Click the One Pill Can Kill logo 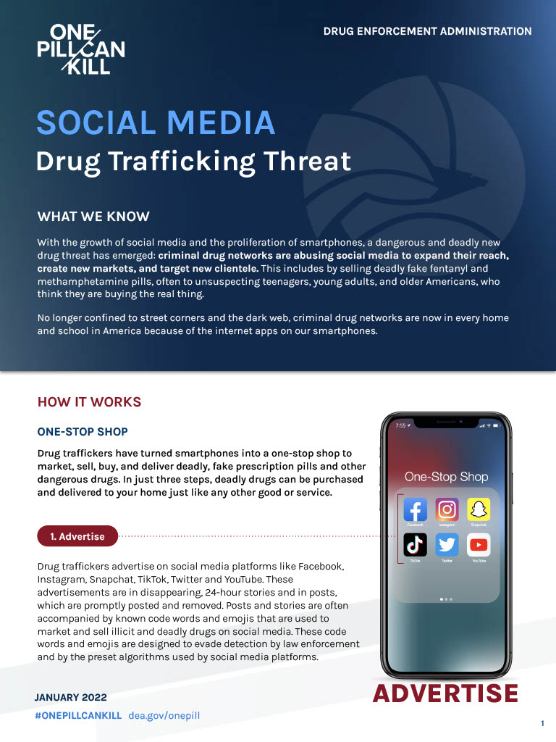(x=80, y=49)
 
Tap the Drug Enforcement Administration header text (x=427, y=31)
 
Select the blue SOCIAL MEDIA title (x=156, y=123)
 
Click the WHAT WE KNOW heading (x=93, y=217)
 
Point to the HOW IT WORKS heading (x=89, y=402)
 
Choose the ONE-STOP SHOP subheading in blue (x=83, y=432)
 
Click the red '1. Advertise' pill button (x=77, y=536)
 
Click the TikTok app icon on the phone (x=415, y=545)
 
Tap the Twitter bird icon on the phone (x=447, y=545)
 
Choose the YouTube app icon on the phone (x=479, y=545)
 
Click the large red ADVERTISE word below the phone (x=445, y=693)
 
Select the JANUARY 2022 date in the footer (x=70, y=697)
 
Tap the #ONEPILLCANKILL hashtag (x=78, y=715)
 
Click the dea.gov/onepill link (x=164, y=715)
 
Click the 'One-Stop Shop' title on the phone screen (x=446, y=477)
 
